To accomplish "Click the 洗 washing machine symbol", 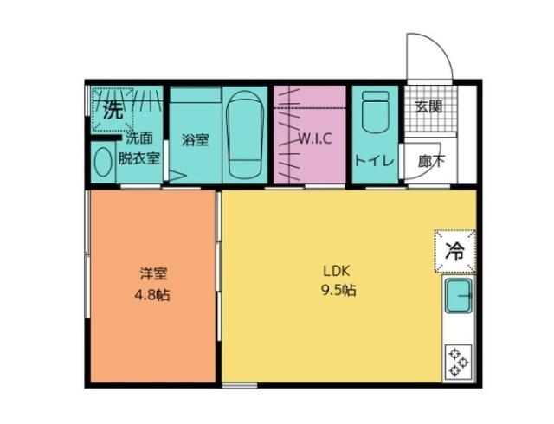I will (x=112, y=109).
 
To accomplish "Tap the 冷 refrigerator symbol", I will (x=454, y=251).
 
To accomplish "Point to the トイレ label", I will (x=375, y=160).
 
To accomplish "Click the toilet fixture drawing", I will (x=375, y=112).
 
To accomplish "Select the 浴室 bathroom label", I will (x=194, y=138).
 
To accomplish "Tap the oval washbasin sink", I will (x=104, y=163).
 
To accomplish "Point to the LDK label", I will (x=337, y=268).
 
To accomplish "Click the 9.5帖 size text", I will (x=338, y=290).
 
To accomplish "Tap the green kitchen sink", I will (x=458, y=299).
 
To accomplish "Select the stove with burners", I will (x=457, y=362).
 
